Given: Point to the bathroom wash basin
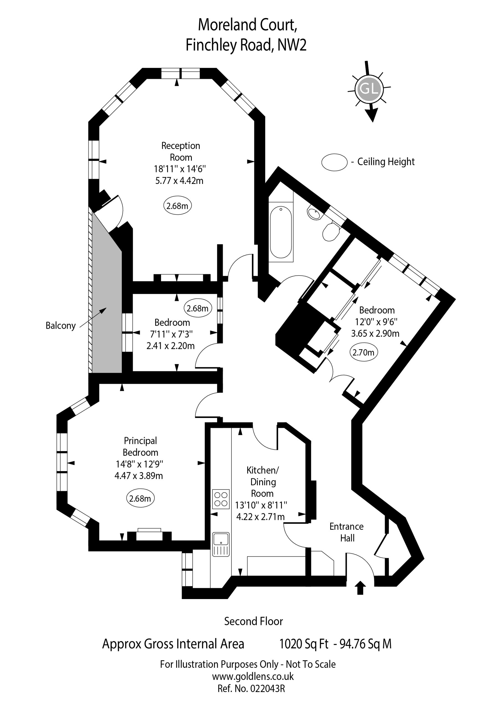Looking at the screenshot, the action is [x=315, y=213].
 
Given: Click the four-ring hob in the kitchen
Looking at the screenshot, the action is [x=221, y=499].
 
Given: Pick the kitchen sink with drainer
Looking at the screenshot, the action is [x=221, y=544].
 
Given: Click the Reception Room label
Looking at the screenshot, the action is [x=181, y=151].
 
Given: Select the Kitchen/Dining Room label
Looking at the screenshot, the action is [x=263, y=482].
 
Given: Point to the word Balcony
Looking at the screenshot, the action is [x=61, y=326].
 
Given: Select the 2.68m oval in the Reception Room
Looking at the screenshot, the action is [x=177, y=206].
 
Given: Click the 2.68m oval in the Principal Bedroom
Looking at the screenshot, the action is [x=140, y=499].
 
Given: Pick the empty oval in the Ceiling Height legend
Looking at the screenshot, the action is [x=335, y=162].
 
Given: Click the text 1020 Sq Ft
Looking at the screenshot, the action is [x=304, y=644].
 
